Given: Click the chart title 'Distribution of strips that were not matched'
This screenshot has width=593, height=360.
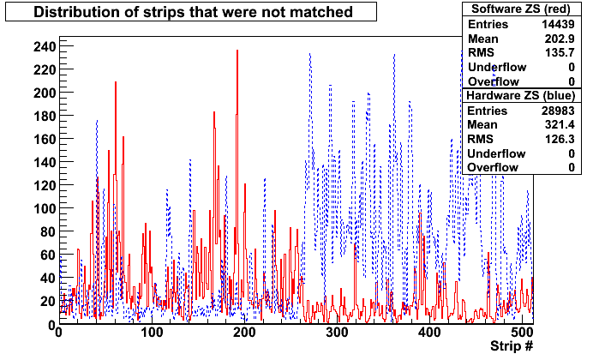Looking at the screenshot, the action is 193,12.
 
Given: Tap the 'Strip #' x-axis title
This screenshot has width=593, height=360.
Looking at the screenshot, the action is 512,345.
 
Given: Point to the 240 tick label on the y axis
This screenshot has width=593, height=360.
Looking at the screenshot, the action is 45,47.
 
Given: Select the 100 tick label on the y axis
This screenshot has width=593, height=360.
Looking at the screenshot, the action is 45,208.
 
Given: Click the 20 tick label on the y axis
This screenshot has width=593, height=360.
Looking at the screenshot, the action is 48,302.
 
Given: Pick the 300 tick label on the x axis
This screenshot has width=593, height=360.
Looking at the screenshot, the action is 337,333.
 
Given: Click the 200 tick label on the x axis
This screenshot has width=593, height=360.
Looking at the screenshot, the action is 244,333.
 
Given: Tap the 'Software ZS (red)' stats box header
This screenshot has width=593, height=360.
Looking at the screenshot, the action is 521,9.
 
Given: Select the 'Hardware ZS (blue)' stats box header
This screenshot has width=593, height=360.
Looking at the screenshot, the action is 521,95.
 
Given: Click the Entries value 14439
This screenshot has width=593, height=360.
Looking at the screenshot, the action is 558,24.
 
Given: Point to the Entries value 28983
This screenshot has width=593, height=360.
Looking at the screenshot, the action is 558,111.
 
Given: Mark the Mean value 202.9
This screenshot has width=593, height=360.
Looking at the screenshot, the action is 560,39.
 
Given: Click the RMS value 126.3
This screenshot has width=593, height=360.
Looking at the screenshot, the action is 560,139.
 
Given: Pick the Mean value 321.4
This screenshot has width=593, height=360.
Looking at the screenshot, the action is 560,125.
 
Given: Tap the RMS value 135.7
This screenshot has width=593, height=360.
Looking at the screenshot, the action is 560,52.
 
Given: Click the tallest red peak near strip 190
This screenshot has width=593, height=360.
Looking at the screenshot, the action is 237,51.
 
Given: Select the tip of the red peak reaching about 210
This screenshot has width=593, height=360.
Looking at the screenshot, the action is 116,82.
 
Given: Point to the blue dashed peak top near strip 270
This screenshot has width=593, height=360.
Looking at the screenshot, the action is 310,54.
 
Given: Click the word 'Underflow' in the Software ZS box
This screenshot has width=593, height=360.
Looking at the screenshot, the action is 497,68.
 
